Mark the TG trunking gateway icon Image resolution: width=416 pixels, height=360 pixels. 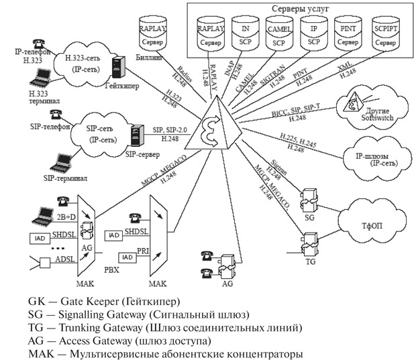pos(310,243)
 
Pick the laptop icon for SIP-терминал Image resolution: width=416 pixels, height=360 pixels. pos(64,160)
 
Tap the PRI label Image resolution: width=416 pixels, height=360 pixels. pos(143,249)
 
